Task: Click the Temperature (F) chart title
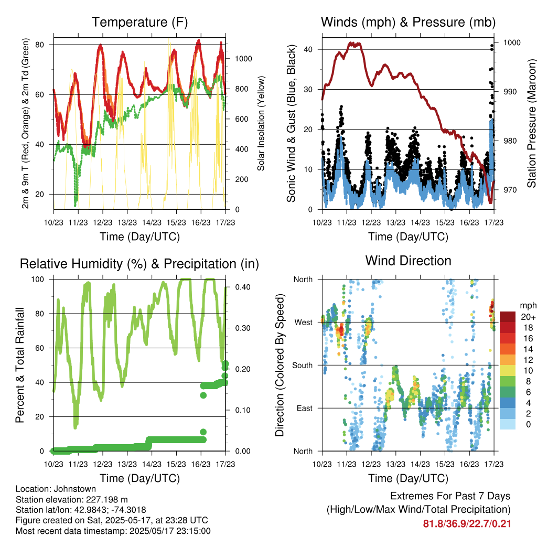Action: point(139,22)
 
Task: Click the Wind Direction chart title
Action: point(408,261)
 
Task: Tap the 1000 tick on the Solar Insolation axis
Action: point(243,59)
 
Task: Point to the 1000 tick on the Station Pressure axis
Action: point(512,43)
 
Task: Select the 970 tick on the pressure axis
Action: point(510,190)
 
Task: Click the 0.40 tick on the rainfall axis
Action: point(243,287)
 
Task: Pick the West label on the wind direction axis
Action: point(304,323)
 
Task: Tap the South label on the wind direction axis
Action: point(303,366)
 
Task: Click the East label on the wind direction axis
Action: point(305,408)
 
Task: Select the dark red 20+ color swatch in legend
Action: point(508,317)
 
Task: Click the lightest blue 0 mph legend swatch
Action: point(508,424)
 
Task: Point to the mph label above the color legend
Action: point(528,306)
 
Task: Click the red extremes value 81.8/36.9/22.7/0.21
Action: point(467,524)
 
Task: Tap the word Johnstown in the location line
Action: point(74,489)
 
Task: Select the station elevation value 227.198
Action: point(101,500)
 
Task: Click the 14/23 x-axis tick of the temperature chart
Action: point(152,222)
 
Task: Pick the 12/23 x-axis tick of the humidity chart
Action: point(103,464)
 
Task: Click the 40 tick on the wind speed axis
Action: point(308,49)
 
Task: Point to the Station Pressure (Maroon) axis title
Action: point(531,123)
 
